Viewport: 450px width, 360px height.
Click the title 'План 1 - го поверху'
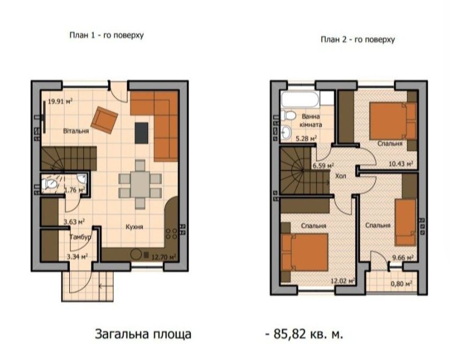106,35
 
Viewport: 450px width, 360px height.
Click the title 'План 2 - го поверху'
358,39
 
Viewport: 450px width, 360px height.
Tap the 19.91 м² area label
60,100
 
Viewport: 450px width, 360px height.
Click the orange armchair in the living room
105,120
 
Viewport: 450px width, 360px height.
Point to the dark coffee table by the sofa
141,133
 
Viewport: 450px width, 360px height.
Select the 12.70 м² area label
165,257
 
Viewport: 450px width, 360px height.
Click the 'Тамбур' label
80,236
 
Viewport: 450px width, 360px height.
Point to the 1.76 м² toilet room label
74,190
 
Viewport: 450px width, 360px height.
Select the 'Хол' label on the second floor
341,175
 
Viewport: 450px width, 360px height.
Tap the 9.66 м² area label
402,257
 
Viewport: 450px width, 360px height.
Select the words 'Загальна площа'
143,334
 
